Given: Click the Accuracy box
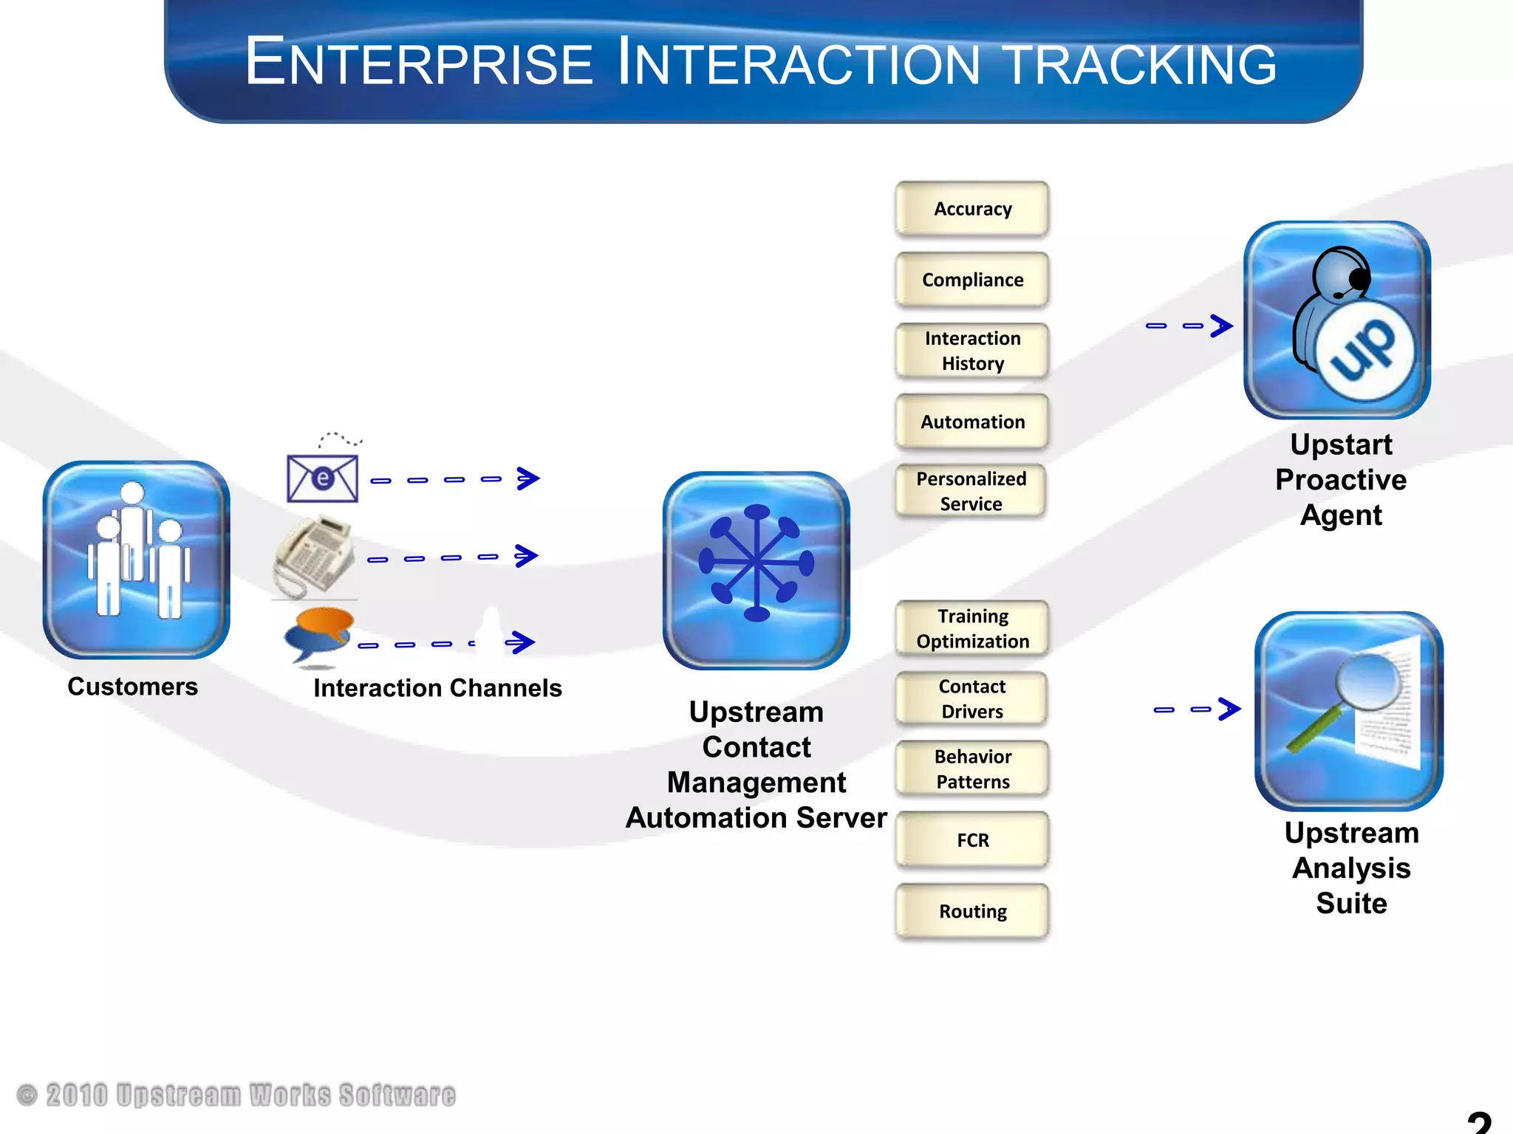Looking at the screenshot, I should (972, 210).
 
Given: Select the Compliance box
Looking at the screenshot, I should (972, 281).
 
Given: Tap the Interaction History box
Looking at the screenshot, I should (972, 351).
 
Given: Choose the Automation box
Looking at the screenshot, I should (972, 422).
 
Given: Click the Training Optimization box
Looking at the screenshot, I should (972, 629).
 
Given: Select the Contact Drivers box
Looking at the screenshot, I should (972, 699).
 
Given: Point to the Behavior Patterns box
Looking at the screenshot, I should (972, 769).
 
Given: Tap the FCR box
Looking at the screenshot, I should (972, 840).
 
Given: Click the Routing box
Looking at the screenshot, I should (972, 912).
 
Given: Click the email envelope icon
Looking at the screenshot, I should (323, 478).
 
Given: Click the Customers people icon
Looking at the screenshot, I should (136, 560).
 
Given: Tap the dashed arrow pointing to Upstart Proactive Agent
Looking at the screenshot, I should (1189, 326).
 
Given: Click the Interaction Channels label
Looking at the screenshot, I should (437, 688).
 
